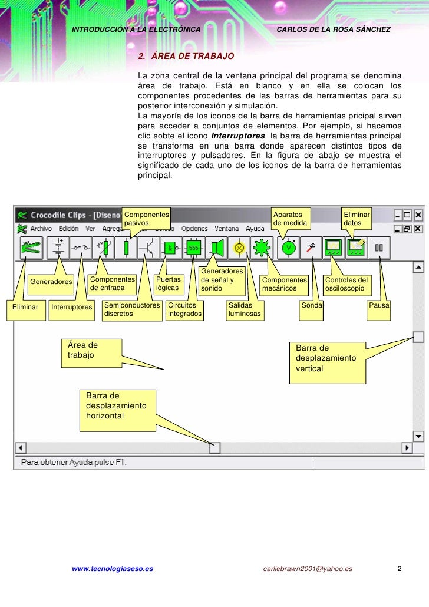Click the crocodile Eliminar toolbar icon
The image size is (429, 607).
[30, 248]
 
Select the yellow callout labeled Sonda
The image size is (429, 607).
[312, 306]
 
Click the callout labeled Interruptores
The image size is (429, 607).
[72, 307]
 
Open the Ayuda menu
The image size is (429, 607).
[255, 229]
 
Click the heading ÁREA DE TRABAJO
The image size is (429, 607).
[186, 57]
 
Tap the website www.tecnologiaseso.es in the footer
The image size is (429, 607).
[112, 569]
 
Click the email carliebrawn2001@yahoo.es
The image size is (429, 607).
[308, 569]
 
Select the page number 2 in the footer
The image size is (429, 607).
[400, 569]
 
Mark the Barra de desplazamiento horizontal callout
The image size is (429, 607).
[118, 405]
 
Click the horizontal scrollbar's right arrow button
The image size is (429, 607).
[407, 448]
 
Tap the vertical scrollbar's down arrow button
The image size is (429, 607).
[418, 437]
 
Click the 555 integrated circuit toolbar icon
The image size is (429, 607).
[193, 248]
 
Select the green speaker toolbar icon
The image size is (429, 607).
[216, 248]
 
